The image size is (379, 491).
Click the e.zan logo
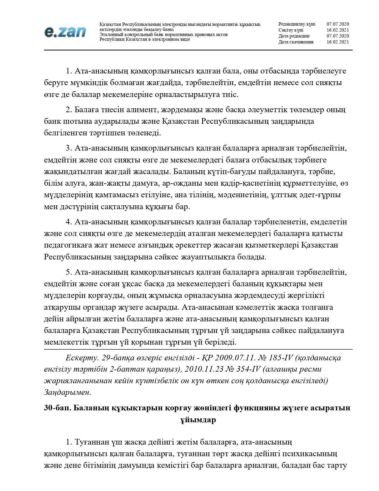(x=65, y=32)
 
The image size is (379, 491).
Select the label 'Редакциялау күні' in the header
(x=297, y=24)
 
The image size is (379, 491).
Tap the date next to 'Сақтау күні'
(x=338, y=30)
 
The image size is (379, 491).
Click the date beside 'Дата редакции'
(x=338, y=36)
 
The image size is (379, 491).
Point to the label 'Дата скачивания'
(x=296, y=42)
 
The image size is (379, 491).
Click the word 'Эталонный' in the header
(x=110, y=35)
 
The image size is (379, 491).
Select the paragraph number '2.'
(x=69, y=110)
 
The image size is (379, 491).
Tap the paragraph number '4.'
(x=69, y=222)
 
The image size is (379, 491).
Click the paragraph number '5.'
(x=69, y=272)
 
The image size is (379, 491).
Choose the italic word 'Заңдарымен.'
(x=67, y=392)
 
